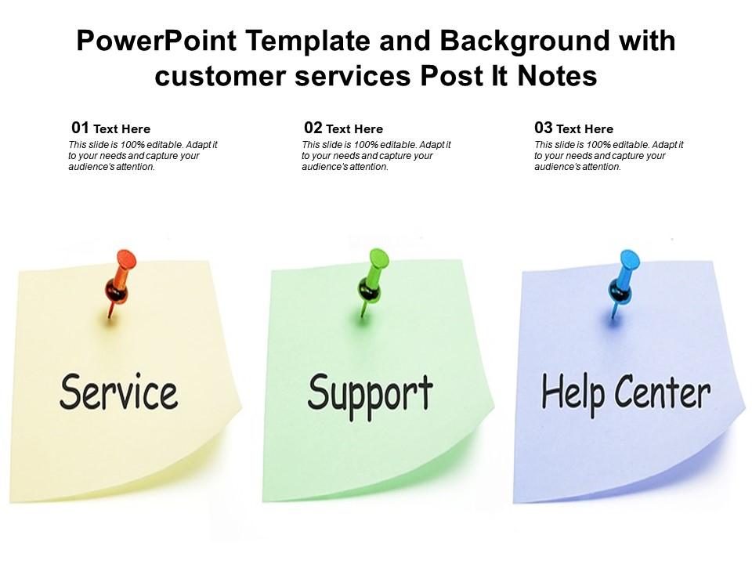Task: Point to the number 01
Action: [80, 128]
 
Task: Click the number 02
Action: [313, 128]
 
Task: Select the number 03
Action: [544, 128]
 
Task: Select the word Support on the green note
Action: [370, 393]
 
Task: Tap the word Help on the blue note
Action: [573, 392]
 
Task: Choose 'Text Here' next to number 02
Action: [354, 129]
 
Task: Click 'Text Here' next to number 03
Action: [584, 129]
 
